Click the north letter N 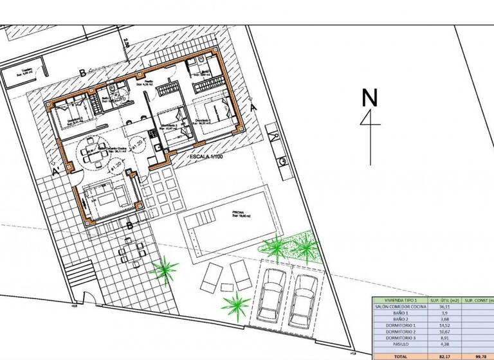pos(369,98)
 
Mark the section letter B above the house pos(82,71)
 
